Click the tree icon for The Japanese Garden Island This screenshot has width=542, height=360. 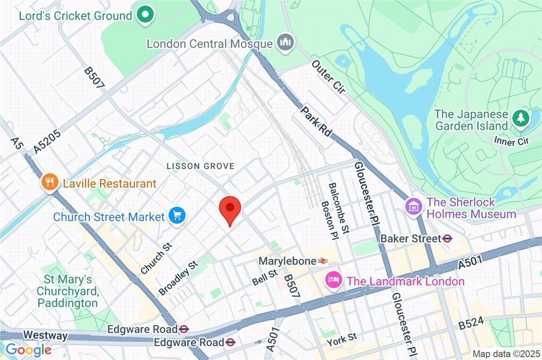click(x=521, y=119)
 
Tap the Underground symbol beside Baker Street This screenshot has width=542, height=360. click(x=447, y=239)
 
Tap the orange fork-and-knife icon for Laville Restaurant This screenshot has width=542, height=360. click(x=50, y=183)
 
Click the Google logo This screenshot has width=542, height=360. click(x=28, y=350)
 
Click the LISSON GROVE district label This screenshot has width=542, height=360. click(x=200, y=166)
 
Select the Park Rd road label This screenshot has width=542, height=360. click(x=316, y=122)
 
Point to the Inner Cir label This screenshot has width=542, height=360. click(x=509, y=141)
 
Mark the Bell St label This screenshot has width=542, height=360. click(x=265, y=274)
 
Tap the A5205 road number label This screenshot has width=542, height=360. click(x=47, y=142)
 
